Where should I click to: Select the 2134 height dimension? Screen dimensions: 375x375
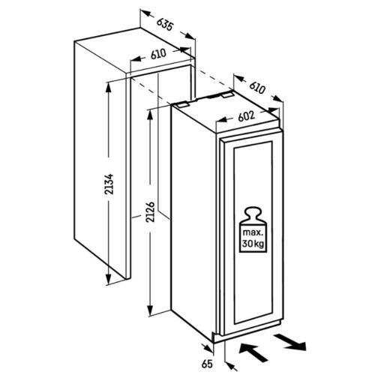109,184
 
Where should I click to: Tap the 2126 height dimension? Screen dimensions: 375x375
151,212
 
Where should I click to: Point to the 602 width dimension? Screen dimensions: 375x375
246,116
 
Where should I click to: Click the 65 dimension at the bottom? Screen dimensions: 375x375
207,364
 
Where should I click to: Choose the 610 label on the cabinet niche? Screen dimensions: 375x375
158,54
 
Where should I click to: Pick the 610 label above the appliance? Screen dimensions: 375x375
257,88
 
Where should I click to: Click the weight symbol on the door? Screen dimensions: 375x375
253,229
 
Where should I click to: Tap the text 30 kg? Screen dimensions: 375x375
253,243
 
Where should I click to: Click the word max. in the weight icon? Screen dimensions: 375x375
253,232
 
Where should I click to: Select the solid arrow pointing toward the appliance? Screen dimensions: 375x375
253,352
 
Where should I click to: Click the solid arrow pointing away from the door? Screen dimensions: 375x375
290,342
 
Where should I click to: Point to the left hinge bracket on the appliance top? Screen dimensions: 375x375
182,104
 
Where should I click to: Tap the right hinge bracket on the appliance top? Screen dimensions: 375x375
227,94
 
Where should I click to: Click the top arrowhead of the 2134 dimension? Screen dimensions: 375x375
108,88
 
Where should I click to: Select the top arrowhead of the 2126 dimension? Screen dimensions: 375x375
150,115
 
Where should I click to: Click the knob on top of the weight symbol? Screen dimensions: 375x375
253,211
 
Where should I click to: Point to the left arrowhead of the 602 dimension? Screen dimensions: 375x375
221,120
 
